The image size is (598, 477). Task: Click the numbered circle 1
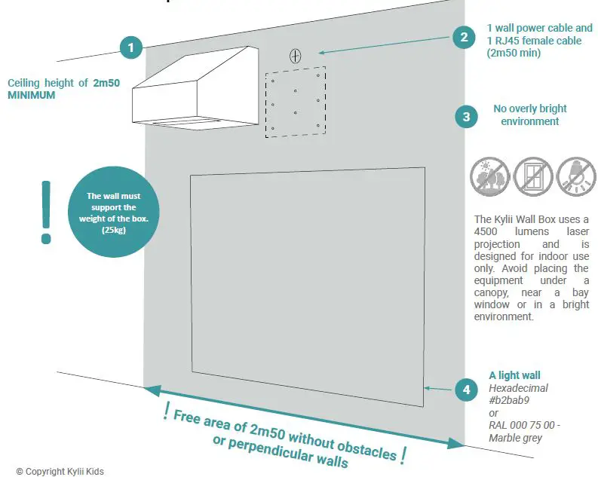click(131, 47)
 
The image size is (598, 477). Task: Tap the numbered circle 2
click(464, 37)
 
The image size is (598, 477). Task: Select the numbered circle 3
click(466, 117)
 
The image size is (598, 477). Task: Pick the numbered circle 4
click(466, 390)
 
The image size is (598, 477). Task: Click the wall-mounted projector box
click(198, 88)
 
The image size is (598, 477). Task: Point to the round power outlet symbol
click(296, 55)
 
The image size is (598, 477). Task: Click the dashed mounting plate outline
click(296, 102)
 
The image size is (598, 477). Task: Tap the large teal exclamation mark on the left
click(47, 213)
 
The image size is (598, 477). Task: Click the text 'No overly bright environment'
click(529, 115)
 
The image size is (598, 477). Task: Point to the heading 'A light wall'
click(514, 375)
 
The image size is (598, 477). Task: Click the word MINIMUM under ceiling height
click(32, 96)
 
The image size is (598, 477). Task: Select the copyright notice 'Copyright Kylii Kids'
click(60, 471)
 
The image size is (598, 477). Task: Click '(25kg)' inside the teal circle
click(113, 229)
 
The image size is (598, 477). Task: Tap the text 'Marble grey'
click(515, 438)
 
